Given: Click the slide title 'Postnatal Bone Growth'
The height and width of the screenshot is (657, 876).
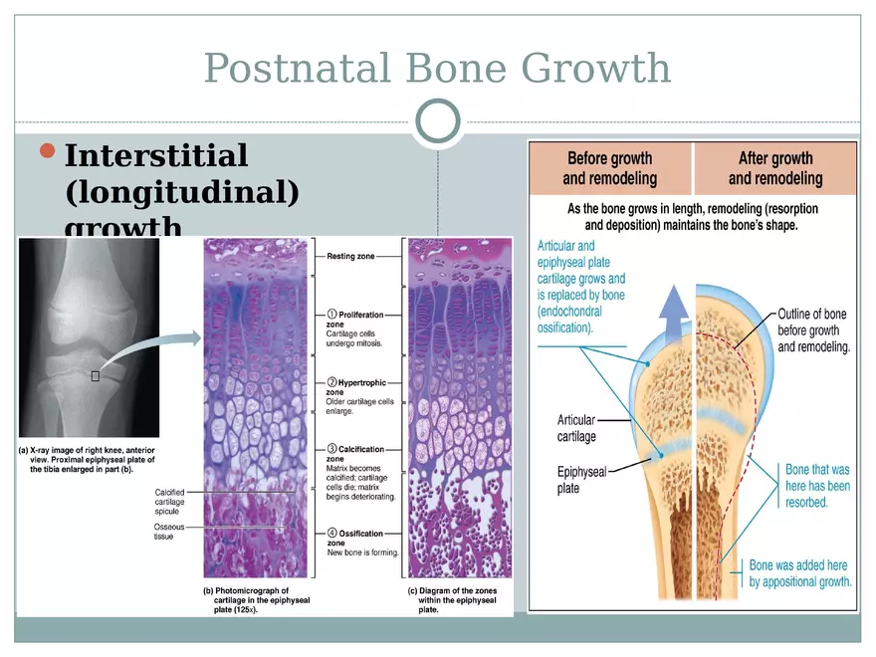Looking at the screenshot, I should pyautogui.click(x=437, y=69).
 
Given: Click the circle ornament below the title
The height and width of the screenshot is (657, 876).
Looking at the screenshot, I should pyautogui.click(x=438, y=121).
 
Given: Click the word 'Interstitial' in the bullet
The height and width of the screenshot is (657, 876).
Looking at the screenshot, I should pyautogui.click(x=155, y=156).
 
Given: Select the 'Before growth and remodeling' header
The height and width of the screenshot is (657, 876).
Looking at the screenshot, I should pyautogui.click(x=609, y=168).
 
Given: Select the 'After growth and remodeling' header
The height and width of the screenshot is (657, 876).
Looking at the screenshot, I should pyautogui.click(x=775, y=168).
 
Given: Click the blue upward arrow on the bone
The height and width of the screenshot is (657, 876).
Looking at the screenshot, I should pyautogui.click(x=675, y=310).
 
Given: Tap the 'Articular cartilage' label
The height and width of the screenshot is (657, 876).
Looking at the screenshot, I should pyautogui.click(x=576, y=428).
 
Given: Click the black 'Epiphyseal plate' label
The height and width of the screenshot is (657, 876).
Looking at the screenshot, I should pyautogui.click(x=581, y=481).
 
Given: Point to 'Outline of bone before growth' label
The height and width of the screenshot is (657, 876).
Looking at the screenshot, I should pyautogui.click(x=813, y=331).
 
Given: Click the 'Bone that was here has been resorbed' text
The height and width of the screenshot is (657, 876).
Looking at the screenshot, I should pyautogui.click(x=817, y=486).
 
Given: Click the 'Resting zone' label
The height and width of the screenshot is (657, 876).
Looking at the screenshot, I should pyautogui.click(x=350, y=257).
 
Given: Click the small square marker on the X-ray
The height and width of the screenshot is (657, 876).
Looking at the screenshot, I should pyautogui.click(x=96, y=375).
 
